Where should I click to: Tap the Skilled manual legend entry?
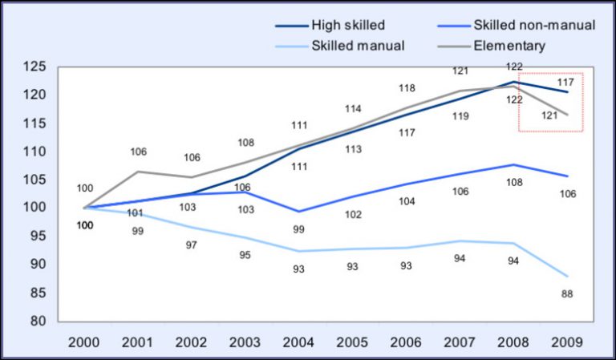coord(358,45)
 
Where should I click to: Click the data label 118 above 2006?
coord(407,88)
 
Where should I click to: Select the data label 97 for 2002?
coord(191,245)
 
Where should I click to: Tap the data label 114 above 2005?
coord(354,108)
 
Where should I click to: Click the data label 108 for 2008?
coord(514,182)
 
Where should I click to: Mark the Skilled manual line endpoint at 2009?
coord(568,276)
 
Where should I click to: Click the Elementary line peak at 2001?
coord(137,172)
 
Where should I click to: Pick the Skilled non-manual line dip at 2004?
coord(299,212)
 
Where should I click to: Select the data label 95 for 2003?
coord(245,256)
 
